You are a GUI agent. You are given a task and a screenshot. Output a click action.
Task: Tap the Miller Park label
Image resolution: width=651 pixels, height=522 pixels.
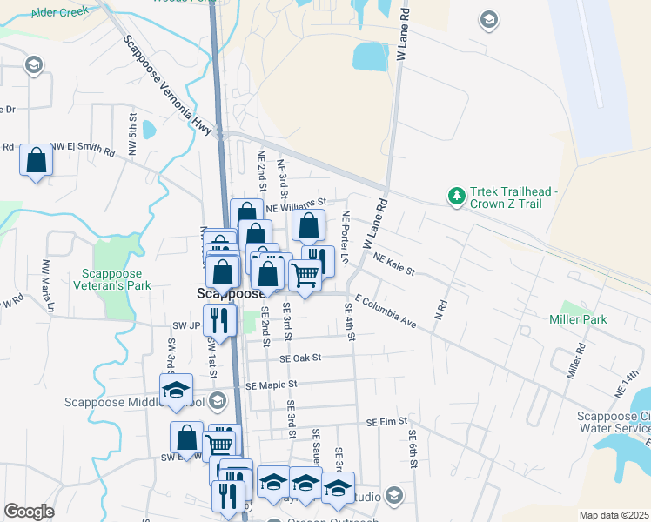pos(577,319)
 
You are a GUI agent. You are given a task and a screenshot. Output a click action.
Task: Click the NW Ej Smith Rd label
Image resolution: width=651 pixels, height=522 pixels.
pos(83,149)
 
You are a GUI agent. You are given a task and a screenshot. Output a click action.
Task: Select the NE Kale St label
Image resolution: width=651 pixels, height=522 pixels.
pos(394,264)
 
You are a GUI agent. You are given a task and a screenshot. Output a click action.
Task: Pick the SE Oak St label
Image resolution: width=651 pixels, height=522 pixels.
pos(300,358)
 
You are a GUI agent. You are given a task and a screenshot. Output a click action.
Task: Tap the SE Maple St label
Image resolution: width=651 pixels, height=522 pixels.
pos(272,385)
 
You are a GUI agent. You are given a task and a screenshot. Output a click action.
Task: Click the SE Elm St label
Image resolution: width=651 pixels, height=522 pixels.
pos(387,421)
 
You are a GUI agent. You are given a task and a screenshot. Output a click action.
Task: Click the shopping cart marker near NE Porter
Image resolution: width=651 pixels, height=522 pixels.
pos(305,275)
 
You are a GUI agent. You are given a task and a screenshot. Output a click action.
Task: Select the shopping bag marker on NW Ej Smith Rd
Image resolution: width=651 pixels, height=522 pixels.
pos(36,160)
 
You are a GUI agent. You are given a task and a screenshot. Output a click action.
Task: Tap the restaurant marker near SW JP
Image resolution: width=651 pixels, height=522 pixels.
pos(219,319)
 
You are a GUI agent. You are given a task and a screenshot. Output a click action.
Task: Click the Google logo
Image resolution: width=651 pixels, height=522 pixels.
pos(29,512)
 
